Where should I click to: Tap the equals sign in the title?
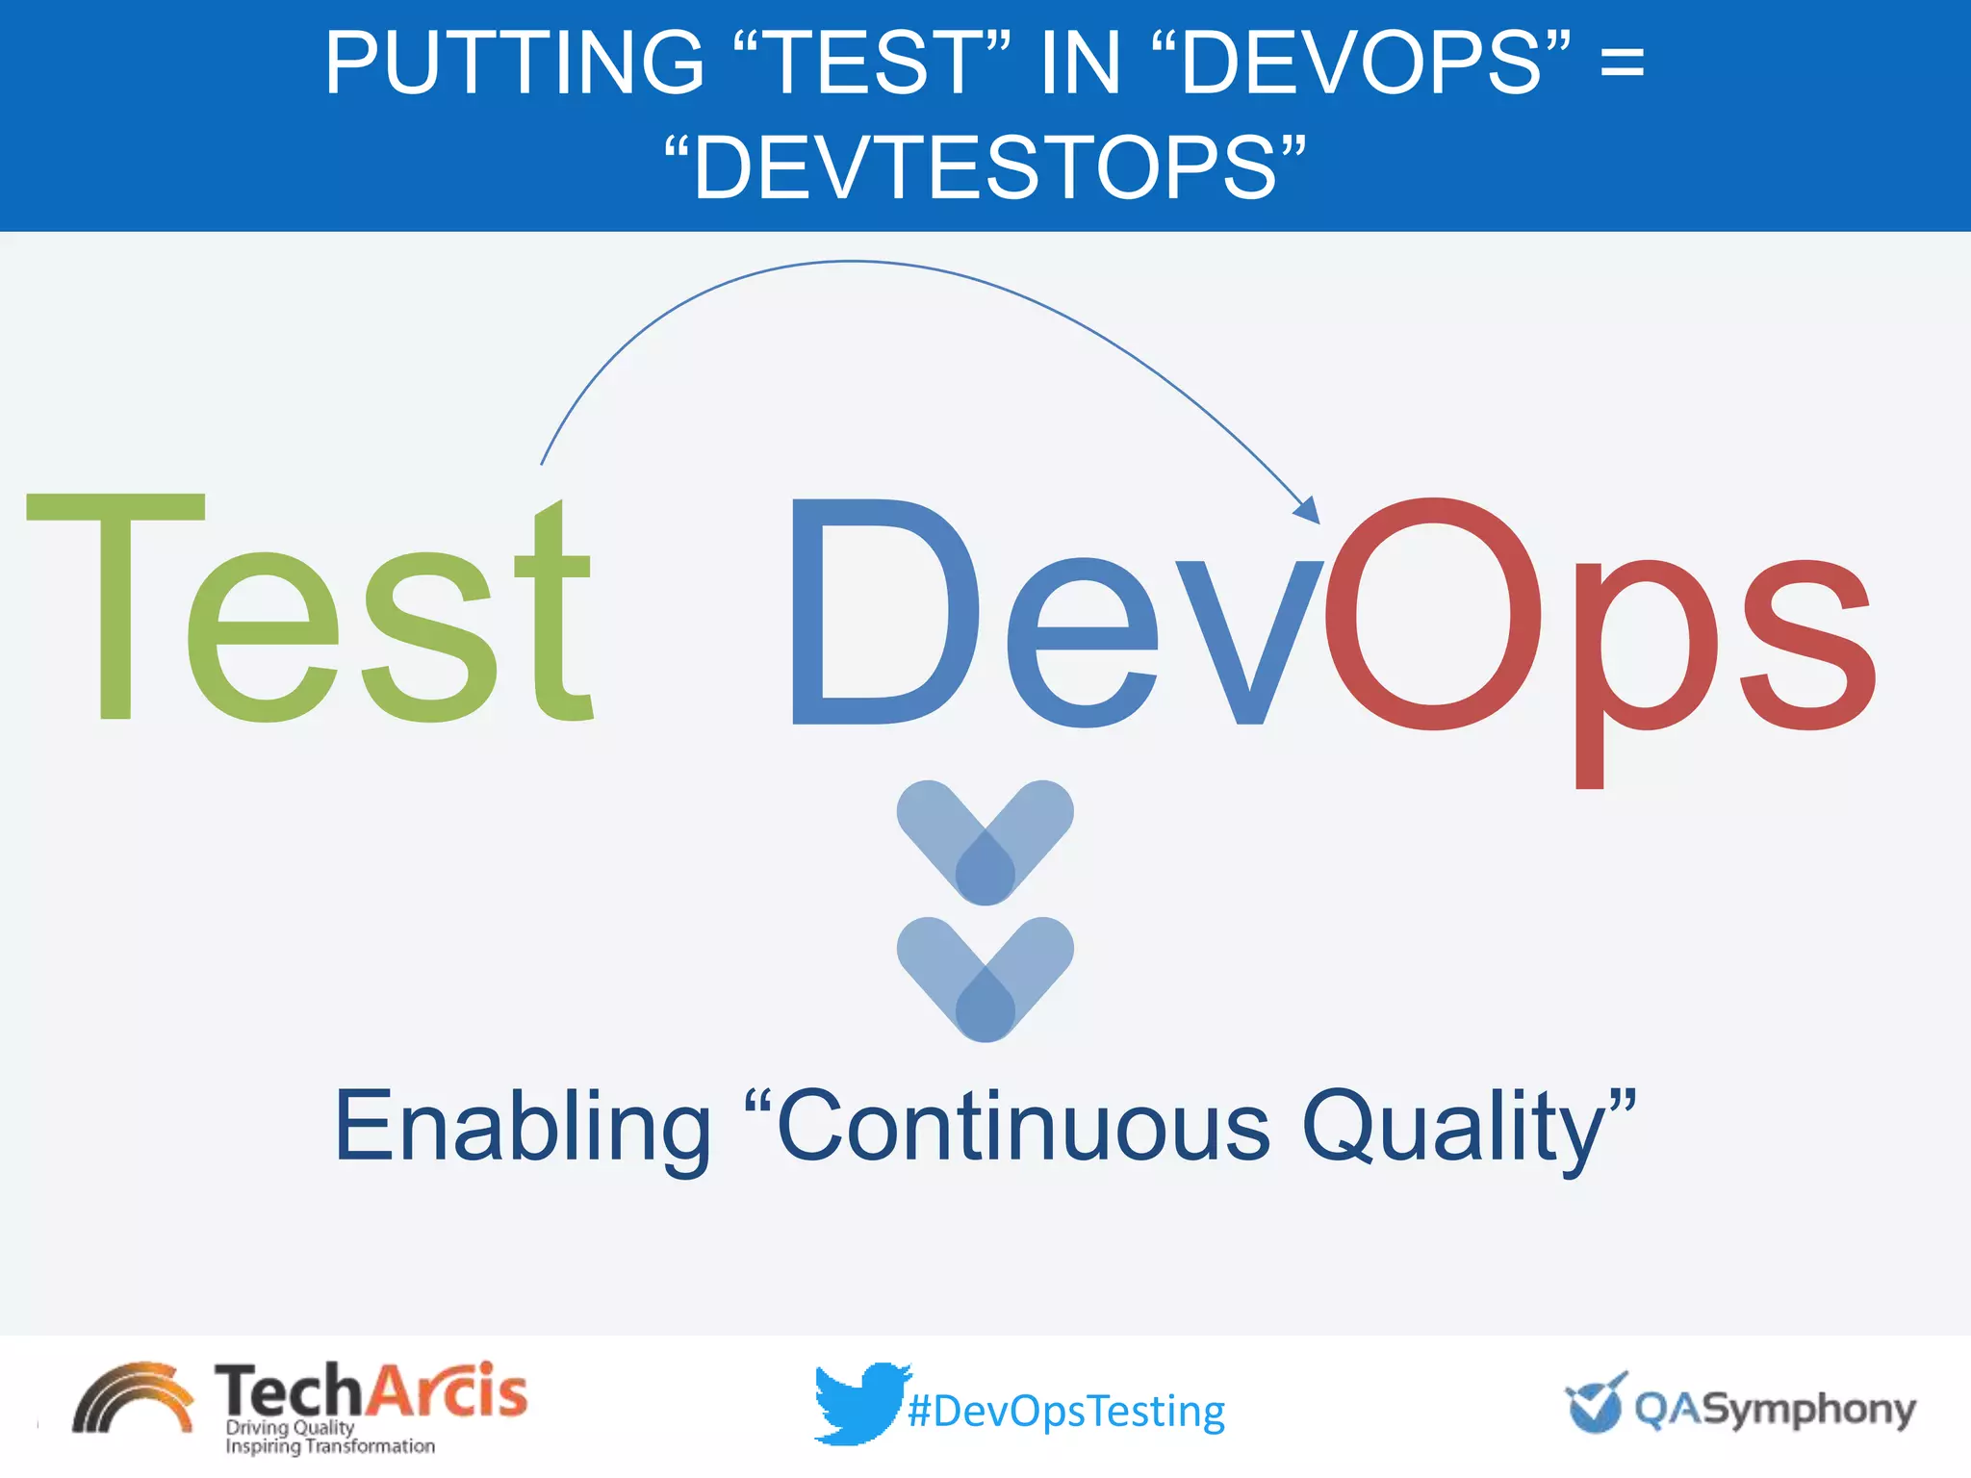(1622, 63)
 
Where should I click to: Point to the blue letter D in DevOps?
(881, 613)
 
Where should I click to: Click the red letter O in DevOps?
(1433, 613)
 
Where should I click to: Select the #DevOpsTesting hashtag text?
(1066, 1412)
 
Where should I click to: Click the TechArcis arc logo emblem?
(133, 1399)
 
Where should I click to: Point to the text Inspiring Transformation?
(329, 1446)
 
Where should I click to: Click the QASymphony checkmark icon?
(1595, 1403)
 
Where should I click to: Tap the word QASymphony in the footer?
(1775, 1410)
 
